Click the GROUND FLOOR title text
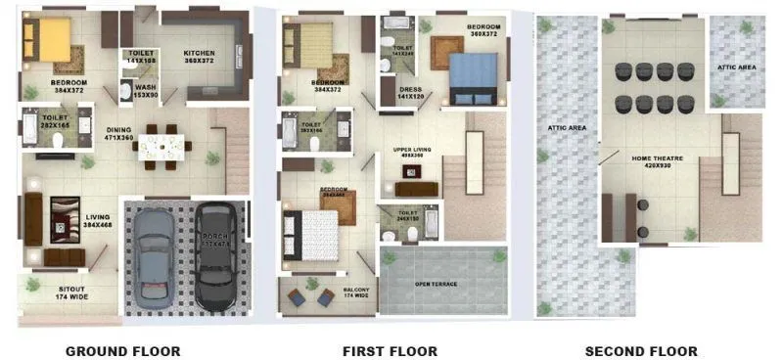(x=122, y=350)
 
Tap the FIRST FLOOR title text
(x=390, y=350)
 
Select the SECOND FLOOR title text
(x=641, y=350)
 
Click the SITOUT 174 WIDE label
(x=68, y=292)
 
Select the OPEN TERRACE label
(x=437, y=284)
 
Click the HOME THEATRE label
(x=629, y=161)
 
